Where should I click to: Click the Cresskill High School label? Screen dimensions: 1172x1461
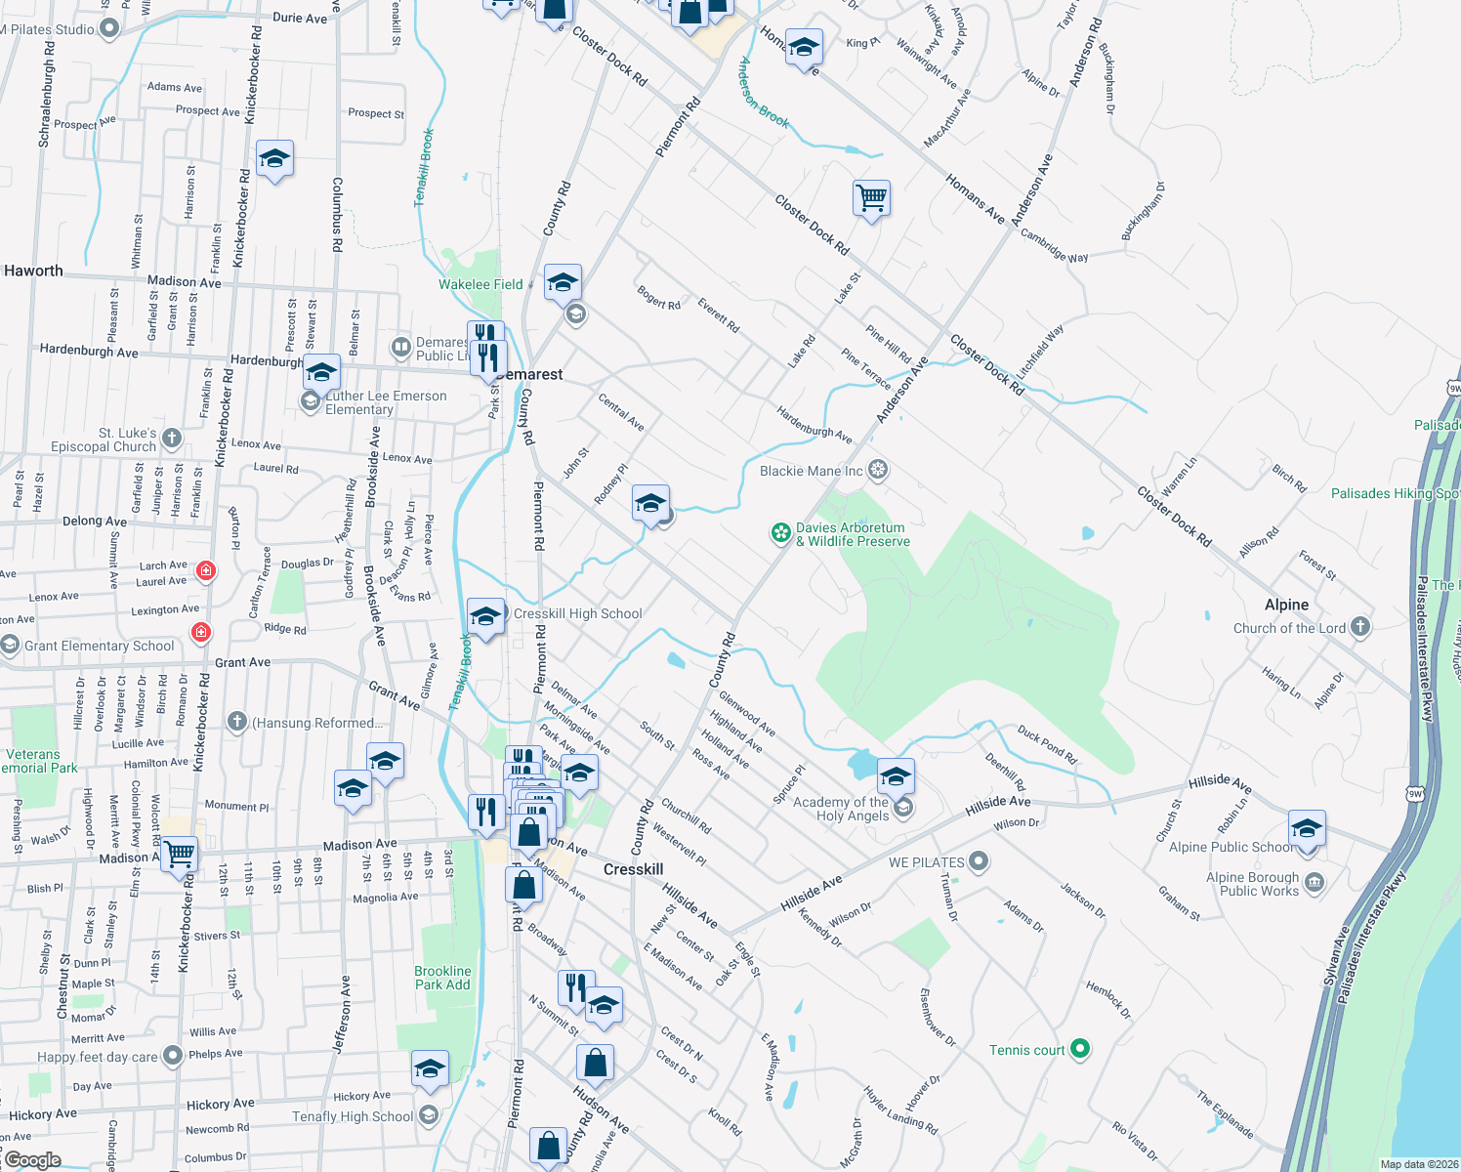click(577, 613)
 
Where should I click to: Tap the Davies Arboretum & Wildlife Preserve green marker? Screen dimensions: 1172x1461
click(780, 532)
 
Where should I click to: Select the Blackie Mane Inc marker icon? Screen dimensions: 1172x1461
click(878, 471)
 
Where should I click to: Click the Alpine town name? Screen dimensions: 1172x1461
click(1286, 605)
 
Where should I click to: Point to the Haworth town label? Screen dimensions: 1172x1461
click(33, 271)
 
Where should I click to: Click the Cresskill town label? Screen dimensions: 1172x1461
click(633, 869)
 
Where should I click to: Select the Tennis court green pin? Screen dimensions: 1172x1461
click(1079, 1049)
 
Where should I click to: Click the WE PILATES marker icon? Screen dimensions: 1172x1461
click(979, 861)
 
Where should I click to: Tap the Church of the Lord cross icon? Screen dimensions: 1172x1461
click(1360, 627)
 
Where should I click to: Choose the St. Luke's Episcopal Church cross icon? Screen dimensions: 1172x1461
click(172, 439)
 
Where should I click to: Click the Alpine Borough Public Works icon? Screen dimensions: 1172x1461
click(1314, 883)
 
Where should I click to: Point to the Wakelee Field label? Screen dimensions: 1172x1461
click(480, 284)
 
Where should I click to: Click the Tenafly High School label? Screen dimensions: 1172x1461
click(353, 1116)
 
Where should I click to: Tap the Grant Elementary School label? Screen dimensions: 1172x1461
click(99, 646)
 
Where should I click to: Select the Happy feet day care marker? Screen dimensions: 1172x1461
click(172, 1055)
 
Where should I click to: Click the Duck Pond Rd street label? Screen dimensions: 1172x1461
click(1046, 744)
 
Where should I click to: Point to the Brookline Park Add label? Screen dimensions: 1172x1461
click(442, 978)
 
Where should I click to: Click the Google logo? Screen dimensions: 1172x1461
click(32, 1160)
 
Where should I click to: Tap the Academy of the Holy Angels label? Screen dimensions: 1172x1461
click(841, 809)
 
